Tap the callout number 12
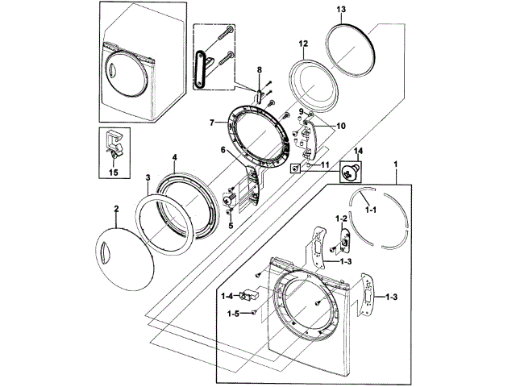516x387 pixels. (x=304, y=43)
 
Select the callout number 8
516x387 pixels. (x=260, y=72)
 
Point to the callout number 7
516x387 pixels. (x=210, y=123)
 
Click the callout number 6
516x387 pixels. (x=223, y=149)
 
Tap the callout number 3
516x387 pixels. (x=148, y=177)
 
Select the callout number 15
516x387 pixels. (x=114, y=173)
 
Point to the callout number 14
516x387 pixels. (x=359, y=151)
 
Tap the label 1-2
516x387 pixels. (x=341, y=219)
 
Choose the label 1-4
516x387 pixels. (x=227, y=295)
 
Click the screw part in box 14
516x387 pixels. (x=352, y=171)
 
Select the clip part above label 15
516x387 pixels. (x=115, y=144)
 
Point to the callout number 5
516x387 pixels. (x=230, y=227)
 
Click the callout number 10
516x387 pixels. (x=341, y=126)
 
